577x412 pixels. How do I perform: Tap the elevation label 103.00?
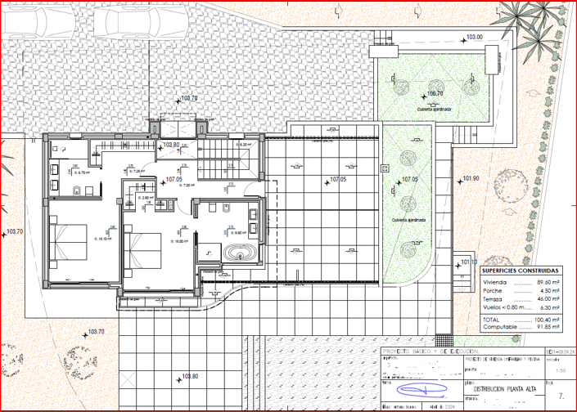[x=475, y=38]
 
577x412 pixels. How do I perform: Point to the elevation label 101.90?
[x=470, y=178]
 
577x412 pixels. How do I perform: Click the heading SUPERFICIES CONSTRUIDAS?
[x=520, y=270]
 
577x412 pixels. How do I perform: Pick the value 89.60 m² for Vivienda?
[x=548, y=282]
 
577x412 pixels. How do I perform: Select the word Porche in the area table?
[x=494, y=291]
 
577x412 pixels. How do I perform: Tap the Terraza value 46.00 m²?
[x=548, y=300]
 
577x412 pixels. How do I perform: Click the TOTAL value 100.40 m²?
[x=548, y=318]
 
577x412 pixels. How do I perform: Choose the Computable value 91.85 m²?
[x=548, y=326]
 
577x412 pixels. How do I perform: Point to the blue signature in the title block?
[x=413, y=387]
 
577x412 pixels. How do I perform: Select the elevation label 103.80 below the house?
[x=189, y=377]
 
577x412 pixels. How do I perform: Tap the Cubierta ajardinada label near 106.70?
[x=435, y=109]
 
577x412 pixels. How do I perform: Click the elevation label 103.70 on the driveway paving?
[x=189, y=98]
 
